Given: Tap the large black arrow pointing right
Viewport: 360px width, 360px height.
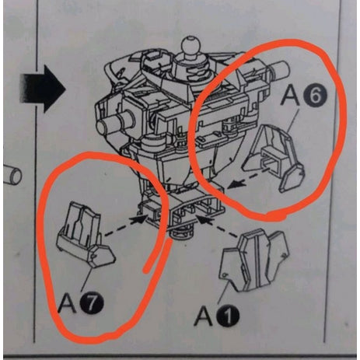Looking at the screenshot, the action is pos(42,89).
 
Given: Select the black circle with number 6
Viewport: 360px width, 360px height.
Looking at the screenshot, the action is pos(316,96).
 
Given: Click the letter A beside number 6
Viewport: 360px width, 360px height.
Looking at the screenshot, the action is pos(292,95).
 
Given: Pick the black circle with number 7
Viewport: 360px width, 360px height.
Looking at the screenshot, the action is pos(92,304).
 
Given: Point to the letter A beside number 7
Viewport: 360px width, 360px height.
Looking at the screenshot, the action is pos(68,302).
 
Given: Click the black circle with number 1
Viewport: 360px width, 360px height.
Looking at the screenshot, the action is pos(228,316).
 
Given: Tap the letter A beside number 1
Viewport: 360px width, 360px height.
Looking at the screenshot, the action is pos(204,316).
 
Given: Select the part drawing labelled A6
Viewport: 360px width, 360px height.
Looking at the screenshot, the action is pos(274,158).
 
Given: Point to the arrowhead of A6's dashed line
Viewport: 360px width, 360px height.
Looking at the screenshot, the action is pos(234,185).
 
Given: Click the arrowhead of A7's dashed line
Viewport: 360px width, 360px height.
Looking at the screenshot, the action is pos(138,220).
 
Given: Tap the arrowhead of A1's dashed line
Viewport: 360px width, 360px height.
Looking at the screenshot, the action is pos(204,219).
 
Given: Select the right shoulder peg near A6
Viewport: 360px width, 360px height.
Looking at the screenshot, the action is pos(279,68).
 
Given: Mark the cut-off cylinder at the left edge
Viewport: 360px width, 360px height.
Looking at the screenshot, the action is pos(12,176).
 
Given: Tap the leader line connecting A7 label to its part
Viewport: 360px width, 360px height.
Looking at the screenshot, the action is pos(86,280).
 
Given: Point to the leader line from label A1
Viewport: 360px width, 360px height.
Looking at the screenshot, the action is pos(223,293).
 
